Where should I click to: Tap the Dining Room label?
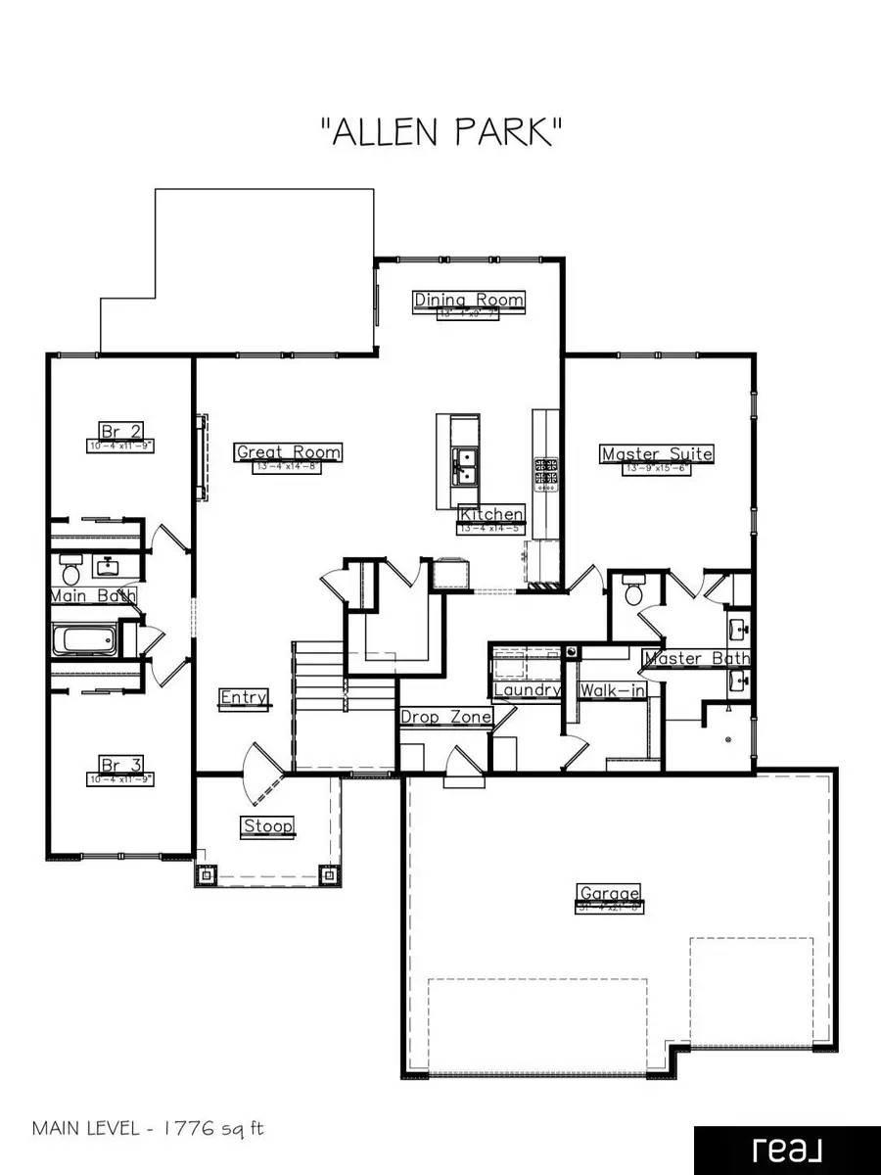pyautogui.click(x=469, y=300)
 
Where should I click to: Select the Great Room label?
pyautogui.click(x=289, y=451)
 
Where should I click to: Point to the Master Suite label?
pyautogui.click(x=657, y=453)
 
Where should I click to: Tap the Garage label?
pyautogui.click(x=609, y=893)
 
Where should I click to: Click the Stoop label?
pyautogui.click(x=267, y=826)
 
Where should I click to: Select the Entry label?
pyautogui.click(x=244, y=697)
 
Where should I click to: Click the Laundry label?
pyautogui.click(x=527, y=690)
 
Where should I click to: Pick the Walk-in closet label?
pyautogui.click(x=612, y=690)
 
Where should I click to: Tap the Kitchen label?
pyautogui.click(x=492, y=514)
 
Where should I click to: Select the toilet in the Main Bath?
pyautogui.click(x=70, y=567)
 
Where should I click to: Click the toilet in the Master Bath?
pyautogui.click(x=633, y=590)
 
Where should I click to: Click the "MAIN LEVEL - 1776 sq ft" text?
pyautogui.click(x=149, y=1128)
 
